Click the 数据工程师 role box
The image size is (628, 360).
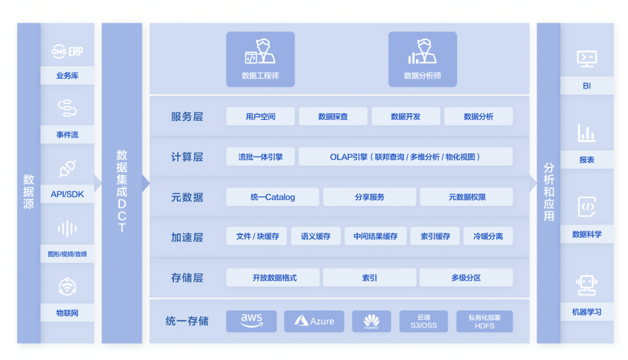point(260,59)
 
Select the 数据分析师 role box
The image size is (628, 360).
point(422,59)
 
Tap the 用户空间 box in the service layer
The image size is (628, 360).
point(261,116)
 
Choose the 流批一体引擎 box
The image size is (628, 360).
point(261,156)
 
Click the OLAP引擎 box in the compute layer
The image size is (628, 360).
point(405,156)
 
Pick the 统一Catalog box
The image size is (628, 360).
point(272,197)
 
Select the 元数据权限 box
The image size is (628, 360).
point(466,197)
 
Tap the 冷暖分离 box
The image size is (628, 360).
point(488,236)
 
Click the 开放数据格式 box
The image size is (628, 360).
point(273,277)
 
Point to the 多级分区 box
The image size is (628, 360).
point(466,277)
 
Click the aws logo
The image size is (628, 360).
point(251,321)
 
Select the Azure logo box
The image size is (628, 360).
point(314,321)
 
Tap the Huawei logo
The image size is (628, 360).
point(372,321)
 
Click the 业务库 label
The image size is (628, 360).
point(67,76)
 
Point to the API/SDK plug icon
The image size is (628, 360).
point(67,169)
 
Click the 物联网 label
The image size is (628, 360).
point(67,313)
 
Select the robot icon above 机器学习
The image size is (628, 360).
point(587,284)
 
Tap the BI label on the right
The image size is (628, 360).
point(587,85)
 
